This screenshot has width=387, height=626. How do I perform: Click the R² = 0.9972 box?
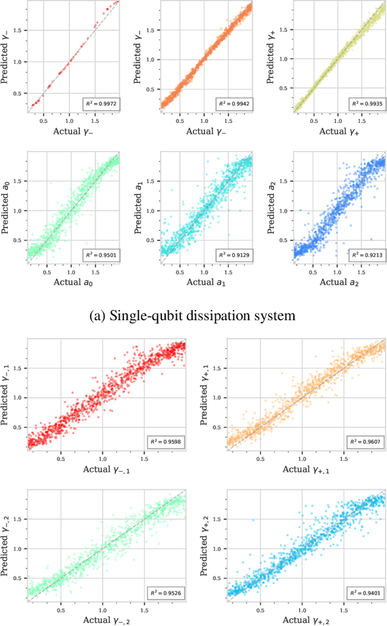coord(101,104)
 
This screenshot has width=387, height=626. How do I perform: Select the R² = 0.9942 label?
coord(235,104)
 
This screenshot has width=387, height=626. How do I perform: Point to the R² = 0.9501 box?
coord(101,255)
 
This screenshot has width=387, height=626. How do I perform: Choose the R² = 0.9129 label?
coord(235,255)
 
